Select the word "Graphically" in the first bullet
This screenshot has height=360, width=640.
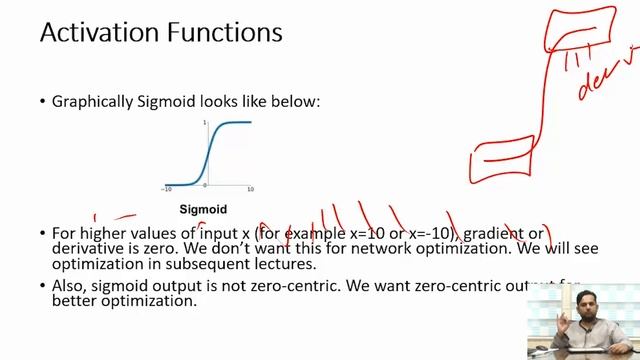tap(97, 101)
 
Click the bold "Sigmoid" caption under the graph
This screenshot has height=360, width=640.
tap(203, 210)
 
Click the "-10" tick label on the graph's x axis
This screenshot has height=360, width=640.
tap(168, 189)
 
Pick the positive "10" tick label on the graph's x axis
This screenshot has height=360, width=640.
tap(250, 189)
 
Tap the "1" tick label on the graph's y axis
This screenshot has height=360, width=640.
tap(204, 122)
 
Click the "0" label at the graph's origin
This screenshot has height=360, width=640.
tap(204, 187)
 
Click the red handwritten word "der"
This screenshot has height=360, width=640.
tap(598, 87)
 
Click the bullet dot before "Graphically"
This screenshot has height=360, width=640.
tap(42, 102)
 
